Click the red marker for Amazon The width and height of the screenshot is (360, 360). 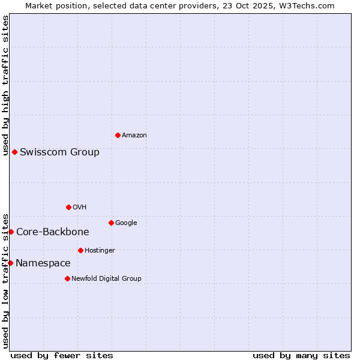[118, 135]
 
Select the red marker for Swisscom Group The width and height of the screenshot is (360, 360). [14, 152]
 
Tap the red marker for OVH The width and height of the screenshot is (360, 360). [68, 207]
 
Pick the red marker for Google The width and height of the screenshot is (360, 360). [111, 223]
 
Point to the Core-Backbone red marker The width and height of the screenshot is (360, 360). [11, 232]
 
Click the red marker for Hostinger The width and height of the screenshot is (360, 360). [80, 250]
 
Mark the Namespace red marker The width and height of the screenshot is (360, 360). [10, 263]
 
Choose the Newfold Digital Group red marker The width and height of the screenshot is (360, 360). [67, 278]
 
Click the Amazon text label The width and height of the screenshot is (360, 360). [134, 136]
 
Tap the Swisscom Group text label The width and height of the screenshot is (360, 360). [59, 152]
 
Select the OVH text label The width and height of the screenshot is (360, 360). [80, 208]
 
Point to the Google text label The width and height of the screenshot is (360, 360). [126, 223]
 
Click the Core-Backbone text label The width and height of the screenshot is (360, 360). [53, 232]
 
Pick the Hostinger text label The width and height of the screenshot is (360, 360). [100, 251]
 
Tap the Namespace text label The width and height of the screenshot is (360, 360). [43, 263]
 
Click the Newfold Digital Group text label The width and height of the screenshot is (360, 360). [106, 279]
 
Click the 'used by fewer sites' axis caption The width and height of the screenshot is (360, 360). [62, 355]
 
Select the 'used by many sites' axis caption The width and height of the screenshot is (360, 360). [301, 355]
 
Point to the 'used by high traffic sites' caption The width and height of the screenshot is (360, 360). [5, 85]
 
